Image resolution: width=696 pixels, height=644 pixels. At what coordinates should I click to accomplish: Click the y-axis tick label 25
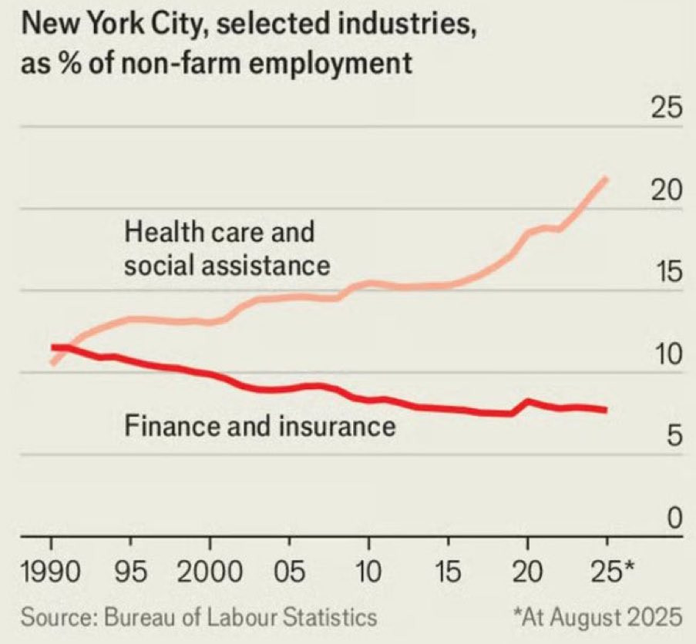click(x=667, y=110)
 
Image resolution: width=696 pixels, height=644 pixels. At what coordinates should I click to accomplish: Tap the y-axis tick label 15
click(x=667, y=273)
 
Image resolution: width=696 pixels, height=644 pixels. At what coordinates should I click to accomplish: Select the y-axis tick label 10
click(x=667, y=356)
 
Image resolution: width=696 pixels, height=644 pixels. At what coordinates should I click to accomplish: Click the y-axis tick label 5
click(x=674, y=438)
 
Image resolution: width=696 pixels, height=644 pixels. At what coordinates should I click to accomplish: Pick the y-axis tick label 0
click(x=674, y=520)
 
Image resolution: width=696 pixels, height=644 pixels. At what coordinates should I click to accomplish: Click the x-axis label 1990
click(x=52, y=573)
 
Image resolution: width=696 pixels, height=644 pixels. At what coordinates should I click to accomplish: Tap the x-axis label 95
click(x=135, y=573)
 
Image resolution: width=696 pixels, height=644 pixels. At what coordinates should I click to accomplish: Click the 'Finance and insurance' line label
click(x=260, y=425)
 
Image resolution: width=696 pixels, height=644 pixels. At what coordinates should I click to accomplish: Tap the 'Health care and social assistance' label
click(x=227, y=248)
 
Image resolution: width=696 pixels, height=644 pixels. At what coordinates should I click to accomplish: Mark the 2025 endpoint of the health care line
click(x=607, y=179)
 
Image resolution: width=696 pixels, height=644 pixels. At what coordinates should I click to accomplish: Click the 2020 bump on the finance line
click(x=528, y=401)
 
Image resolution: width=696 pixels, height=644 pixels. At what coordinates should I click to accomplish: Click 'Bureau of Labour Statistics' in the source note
click(x=239, y=616)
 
